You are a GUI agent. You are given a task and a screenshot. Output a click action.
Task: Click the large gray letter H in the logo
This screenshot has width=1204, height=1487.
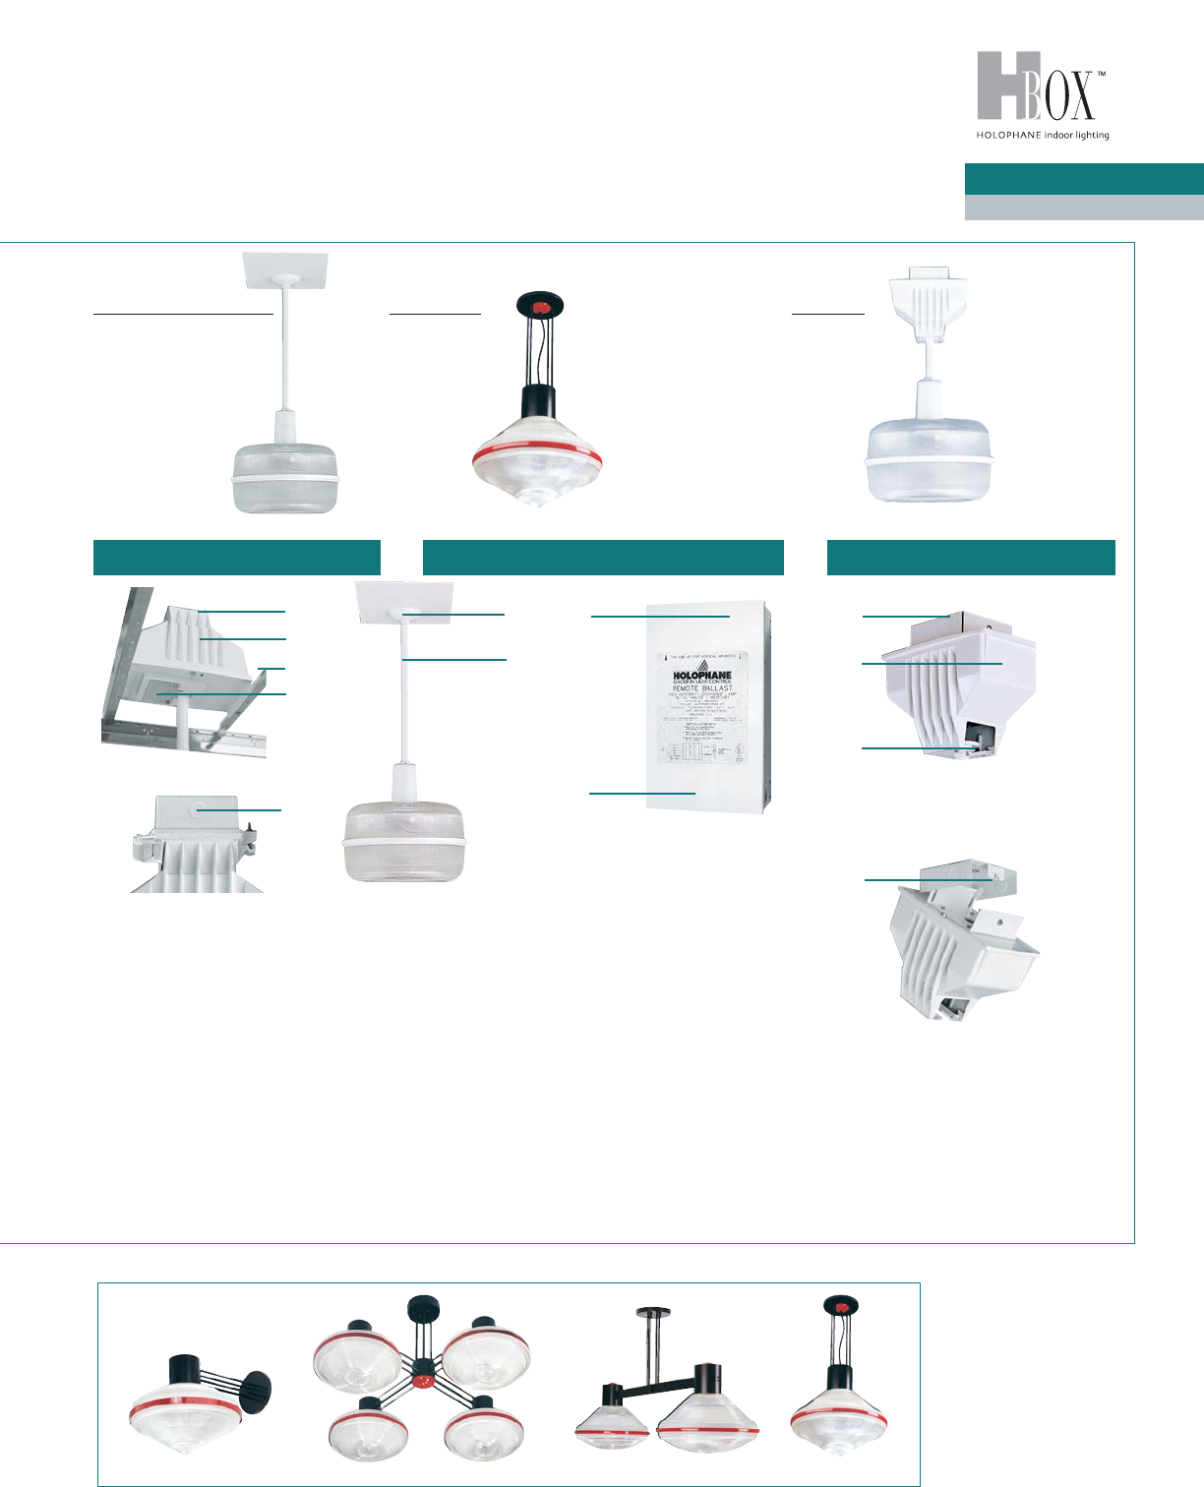[x=999, y=87]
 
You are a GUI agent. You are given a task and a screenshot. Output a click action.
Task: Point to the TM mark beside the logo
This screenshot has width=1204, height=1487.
[x=1102, y=74]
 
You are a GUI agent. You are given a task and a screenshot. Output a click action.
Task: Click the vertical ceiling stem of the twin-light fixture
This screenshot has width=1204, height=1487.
[x=651, y=1342]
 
